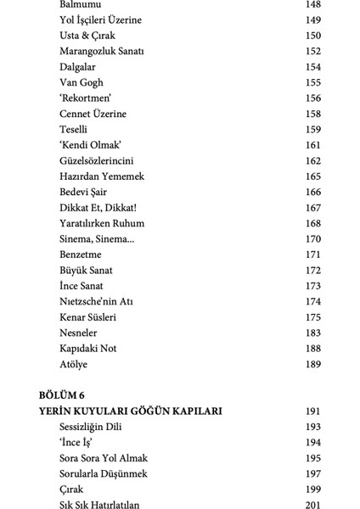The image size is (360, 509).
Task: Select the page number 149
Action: (312, 20)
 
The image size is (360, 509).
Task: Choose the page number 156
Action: (312, 98)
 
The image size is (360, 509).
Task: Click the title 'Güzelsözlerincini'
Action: (103, 160)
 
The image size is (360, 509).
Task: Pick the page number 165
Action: (312, 176)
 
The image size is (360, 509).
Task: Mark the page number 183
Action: (312, 333)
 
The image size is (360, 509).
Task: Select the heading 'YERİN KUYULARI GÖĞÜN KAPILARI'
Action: (130, 411)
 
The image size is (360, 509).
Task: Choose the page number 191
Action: (312, 411)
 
